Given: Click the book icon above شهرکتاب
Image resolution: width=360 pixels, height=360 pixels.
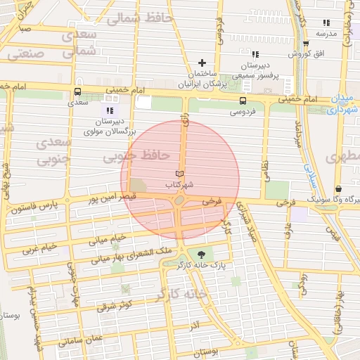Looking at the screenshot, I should [x=179, y=173].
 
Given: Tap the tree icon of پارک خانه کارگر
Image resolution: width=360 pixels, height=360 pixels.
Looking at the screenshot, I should [x=202, y=254].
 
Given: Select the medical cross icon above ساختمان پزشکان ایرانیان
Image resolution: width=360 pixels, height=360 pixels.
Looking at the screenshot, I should [x=203, y=63].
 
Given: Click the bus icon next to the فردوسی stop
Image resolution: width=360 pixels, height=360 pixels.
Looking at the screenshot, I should [x=243, y=101].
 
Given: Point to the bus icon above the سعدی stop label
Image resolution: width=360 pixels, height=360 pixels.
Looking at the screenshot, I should [x=77, y=91].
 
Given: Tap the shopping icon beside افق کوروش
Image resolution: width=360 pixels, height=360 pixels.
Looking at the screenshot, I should [x=307, y=44].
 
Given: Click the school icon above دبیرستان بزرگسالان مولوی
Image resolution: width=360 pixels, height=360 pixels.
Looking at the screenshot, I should [x=109, y=110].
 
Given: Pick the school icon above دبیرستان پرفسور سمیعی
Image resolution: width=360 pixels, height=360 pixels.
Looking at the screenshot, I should [x=255, y=54].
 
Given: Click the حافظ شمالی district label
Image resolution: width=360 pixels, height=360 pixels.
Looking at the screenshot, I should [x=146, y=18].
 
